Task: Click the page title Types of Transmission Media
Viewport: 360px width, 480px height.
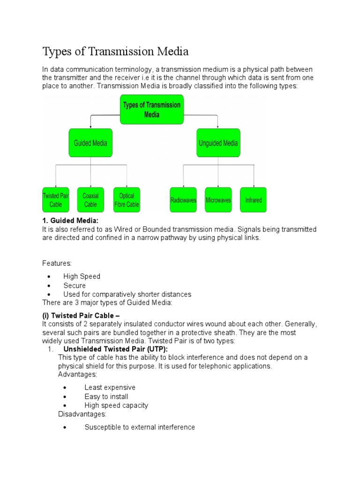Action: pos(115,51)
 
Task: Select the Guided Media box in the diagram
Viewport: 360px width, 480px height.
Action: pos(90,143)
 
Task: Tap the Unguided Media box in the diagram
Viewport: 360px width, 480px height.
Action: pos(218,143)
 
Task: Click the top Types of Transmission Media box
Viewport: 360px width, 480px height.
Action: pos(151,110)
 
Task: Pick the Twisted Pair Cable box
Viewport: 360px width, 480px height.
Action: pos(56,200)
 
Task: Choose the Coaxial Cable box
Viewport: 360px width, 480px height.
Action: pos(90,200)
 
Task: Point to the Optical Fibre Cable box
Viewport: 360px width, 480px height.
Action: pos(127,200)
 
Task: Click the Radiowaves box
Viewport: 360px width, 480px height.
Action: pos(183,200)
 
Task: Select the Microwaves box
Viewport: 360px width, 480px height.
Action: pos(218,200)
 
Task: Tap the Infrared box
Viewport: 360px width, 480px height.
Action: pos(253,200)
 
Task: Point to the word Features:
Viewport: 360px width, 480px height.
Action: pos(57,263)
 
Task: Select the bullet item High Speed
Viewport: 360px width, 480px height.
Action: pos(82,277)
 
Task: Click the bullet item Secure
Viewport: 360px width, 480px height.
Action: pos(75,285)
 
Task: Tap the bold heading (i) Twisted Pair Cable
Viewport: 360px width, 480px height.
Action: pos(81,316)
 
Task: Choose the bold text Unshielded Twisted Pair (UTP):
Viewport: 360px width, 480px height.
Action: pos(115,349)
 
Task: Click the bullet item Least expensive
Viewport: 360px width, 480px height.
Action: pos(110,388)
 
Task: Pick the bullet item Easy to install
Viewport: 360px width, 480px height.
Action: pos(106,397)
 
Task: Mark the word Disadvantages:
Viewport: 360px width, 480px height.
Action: pos(82,414)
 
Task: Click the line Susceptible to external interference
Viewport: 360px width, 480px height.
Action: pos(140,427)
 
